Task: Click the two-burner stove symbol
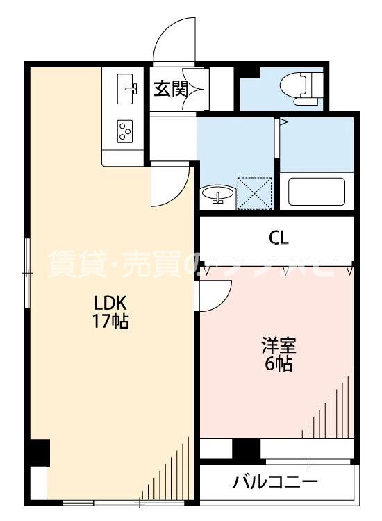tap(125, 130)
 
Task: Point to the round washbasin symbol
tap(218, 195)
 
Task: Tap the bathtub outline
tap(316, 192)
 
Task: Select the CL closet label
tap(279, 238)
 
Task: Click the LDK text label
tap(110, 303)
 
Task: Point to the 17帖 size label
tap(110, 322)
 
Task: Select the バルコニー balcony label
tap(276, 481)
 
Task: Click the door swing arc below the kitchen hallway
tap(170, 182)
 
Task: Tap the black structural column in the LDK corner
tap(38, 453)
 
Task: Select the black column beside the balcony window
tap(246, 449)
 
